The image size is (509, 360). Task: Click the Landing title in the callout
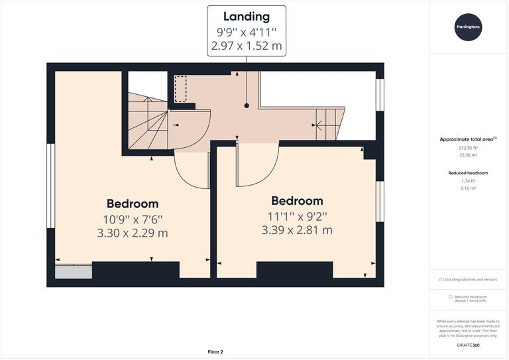tap(247, 17)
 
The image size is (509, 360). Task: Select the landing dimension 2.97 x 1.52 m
tap(247, 46)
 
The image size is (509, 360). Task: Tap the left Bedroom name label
tap(133, 204)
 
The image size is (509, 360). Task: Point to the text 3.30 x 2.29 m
tap(133, 233)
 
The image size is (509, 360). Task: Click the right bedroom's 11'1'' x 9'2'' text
tap(297, 215)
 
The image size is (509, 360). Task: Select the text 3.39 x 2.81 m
tap(297, 230)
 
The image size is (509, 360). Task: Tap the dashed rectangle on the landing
tap(180, 89)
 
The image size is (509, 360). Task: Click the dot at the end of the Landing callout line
tap(247, 105)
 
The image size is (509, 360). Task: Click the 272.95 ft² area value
tap(469, 149)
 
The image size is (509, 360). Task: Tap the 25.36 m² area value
tap(469, 156)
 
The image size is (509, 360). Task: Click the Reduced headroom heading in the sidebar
tap(469, 172)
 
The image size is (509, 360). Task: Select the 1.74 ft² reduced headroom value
tap(469, 181)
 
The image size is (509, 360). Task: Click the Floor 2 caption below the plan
tap(215, 352)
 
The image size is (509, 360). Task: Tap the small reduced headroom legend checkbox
tap(451, 296)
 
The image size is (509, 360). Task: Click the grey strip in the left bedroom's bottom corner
tap(73, 270)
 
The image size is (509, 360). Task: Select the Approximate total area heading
tap(467, 139)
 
